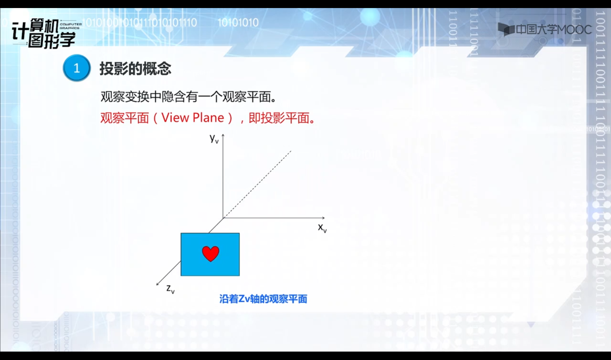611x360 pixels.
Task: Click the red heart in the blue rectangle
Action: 210,254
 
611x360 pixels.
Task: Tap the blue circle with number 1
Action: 77,68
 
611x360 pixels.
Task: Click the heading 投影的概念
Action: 135,68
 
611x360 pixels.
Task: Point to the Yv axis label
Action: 214,139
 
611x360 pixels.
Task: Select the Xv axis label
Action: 322,228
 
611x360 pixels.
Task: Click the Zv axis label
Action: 171,289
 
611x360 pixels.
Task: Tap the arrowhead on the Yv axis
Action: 223,135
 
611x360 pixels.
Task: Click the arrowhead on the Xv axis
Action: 323,218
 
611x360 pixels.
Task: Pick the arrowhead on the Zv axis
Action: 157,284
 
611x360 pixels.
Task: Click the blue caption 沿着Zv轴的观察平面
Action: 263,299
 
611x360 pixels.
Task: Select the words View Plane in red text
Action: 192,118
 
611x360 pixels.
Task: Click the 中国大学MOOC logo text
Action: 554,29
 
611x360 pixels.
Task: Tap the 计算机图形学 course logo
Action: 44,34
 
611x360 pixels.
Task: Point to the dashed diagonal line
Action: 257,184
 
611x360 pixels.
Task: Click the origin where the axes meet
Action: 223,218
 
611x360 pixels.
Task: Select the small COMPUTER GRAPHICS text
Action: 71,26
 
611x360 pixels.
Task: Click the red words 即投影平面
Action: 279,118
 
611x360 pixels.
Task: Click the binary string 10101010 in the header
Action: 238,23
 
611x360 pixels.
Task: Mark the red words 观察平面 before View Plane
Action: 125,118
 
